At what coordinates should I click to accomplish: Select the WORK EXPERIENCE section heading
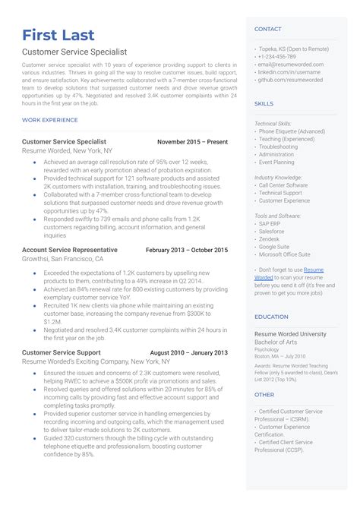(x=49, y=120)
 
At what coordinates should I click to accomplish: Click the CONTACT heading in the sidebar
(x=268, y=29)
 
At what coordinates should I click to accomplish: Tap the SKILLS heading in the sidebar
(x=264, y=103)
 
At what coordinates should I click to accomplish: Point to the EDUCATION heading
(x=271, y=317)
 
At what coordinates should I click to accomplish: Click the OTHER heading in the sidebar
(x=264, y=395)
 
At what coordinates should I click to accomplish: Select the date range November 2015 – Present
(x=191, y=142)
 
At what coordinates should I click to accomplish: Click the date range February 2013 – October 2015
(x=186, y=250)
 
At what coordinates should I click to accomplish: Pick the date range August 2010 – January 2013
(x=188, y=353)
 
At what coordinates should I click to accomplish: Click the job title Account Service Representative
(x=70, y=250)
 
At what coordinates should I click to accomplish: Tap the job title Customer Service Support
(x=61, y=353)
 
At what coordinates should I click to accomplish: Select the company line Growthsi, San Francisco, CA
(x=63, y=259)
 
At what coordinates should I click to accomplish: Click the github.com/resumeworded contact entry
(x=290, y=79)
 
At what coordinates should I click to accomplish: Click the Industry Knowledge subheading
(x=279, y=176)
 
